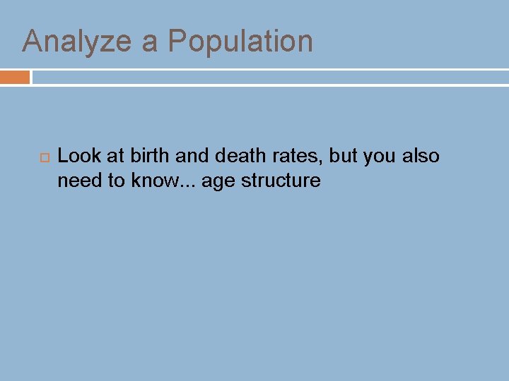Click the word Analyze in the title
pos(78,42)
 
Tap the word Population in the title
pos(240,42)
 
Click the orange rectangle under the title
pos(15,77)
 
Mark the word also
pos(421,156)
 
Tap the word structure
pos(281,181)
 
